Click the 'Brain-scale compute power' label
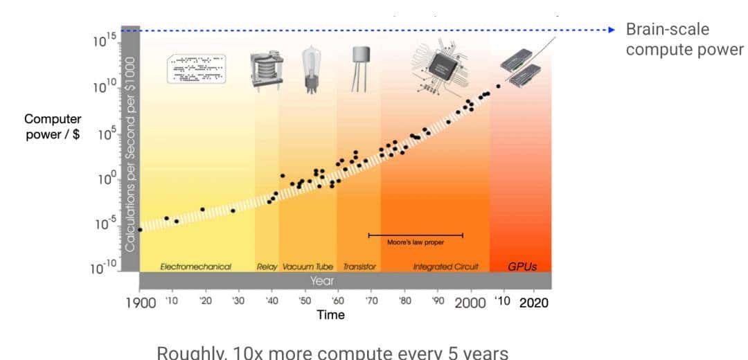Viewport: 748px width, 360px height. [x=684, y=40]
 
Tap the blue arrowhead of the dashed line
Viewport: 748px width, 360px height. [x=611, y=30]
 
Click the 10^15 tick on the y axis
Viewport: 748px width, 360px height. [x=104, y=41]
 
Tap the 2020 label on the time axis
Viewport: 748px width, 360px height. [x=533, y=303]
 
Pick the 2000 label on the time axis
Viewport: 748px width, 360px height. [x=470, y=303]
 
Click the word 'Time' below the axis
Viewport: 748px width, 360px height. [x=330, y=315]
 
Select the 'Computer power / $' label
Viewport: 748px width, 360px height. [x=53, y=127]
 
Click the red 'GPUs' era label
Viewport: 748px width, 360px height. [x=522, y=266]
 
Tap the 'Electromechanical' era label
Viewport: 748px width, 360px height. [x=195, y=267]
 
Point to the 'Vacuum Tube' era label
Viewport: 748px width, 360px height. [x=308, y=267]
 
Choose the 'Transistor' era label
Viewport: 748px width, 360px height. [x=359, y=267]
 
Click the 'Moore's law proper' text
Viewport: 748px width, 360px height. [x=416, y=242]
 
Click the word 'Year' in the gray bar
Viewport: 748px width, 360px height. [x=322, y=280]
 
